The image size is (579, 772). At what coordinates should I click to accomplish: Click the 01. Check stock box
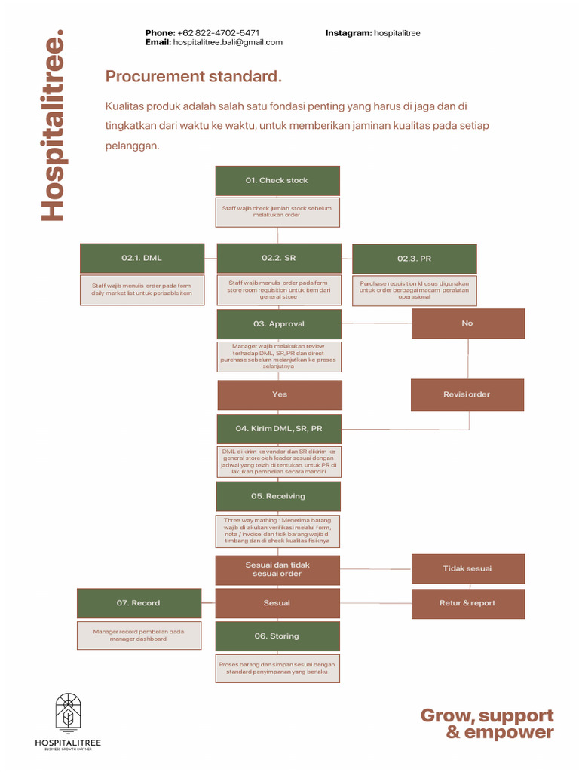click(x=277, y=181)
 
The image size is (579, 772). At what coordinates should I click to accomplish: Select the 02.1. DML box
click(x=142, y=258)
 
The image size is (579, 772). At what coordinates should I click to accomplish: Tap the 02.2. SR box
click(x=279, y=258)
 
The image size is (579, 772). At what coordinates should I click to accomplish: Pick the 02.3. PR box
click(x=415, y=259)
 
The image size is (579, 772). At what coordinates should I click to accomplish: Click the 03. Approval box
click(x=279, y=324)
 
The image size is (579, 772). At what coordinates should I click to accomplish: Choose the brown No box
click(x=467, y=323)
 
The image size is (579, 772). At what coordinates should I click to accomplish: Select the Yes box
click(x=280, y=394)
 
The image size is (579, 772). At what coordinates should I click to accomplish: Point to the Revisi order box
click(x=467, y=394)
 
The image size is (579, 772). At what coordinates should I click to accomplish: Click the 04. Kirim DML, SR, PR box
click(x=279, y=428)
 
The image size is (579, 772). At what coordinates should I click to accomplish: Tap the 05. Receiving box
click(x=278, y=496)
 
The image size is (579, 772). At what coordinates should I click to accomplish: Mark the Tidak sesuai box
click(x=467, y=568)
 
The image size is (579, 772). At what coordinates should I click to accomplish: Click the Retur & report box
click(x=467, y=603)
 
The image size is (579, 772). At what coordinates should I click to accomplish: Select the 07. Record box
click(x=139, y=603)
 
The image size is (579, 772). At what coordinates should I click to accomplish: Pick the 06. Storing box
click(x=277, y=636)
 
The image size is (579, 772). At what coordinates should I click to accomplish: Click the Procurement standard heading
click(x=194, y=76)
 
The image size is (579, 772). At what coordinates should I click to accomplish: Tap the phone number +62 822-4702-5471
click(x=219, y=33)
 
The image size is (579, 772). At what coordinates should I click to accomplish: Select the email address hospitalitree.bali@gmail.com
click(x=228, y=43)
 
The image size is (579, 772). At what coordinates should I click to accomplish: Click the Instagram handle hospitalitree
click(x=397, y=33)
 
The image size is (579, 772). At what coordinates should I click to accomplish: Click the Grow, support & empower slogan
click(x=487, y=724)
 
